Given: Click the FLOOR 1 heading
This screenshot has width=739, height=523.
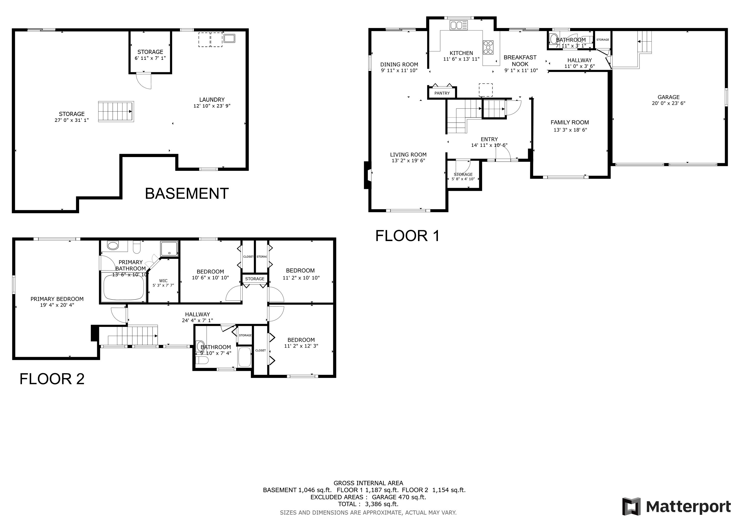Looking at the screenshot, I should coord(407,236).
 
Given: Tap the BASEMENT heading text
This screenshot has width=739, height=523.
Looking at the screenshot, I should coord(187,194).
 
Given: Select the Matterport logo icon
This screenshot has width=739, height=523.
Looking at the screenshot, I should coord(632,507).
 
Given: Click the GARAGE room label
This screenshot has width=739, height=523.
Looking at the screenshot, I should coord(668,97).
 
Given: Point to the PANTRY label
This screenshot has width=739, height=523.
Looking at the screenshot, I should coord(442,93).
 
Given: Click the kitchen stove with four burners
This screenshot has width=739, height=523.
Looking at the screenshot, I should coord(488,47).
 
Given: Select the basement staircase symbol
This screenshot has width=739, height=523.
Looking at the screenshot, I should coord(116,111).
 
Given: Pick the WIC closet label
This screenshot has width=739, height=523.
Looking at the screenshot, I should coord(163,280).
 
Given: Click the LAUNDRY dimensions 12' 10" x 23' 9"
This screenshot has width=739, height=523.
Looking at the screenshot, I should coord(212,106).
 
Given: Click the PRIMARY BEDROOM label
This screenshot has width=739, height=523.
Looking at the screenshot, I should coord(57,299).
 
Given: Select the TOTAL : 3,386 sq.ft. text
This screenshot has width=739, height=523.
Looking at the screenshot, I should coord(368,504).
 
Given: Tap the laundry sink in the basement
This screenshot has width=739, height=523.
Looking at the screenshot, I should coord(229,38).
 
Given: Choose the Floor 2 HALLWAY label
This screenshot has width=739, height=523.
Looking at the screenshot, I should coord(197,314).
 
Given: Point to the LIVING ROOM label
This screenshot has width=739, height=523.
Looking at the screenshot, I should coord(408,154).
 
